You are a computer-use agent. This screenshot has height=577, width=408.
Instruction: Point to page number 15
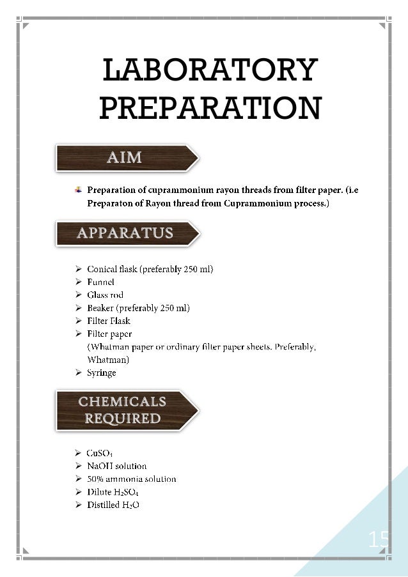point(378,541)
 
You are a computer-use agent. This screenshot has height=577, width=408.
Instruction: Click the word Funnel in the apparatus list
point(100,282)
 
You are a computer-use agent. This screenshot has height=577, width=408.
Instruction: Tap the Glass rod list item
point(105,295)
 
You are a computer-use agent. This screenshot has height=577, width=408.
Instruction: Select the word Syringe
point(102,373)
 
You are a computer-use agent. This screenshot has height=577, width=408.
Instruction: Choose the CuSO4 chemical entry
point(100,453)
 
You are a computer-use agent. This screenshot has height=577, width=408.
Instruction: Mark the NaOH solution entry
point(116,466)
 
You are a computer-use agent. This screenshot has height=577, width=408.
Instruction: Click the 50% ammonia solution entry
point(131,479)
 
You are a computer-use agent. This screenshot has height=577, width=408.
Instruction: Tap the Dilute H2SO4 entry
point(113,492)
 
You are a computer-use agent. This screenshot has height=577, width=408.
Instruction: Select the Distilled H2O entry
point(113,505)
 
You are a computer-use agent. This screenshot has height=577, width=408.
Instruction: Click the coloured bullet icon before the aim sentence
point(78,190)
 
